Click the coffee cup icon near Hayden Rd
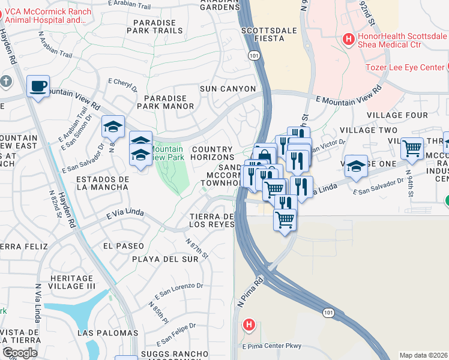pos(38,87)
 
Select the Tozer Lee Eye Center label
pos(406,67)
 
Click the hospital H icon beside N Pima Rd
pos(249,325)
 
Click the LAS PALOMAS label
pos(107,332)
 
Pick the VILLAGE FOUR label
pos(397,115)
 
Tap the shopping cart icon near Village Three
pos(412,148)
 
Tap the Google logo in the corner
pos(19,353)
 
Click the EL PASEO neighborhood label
pos(124,246)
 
